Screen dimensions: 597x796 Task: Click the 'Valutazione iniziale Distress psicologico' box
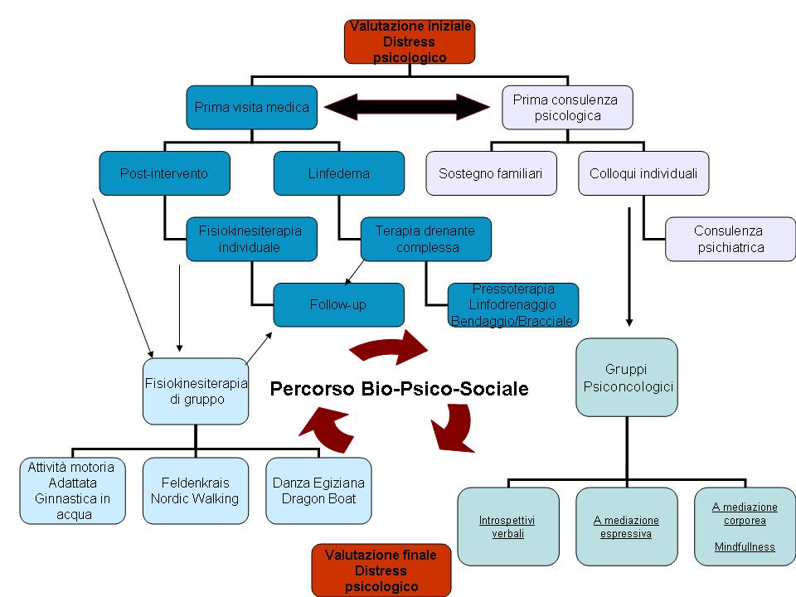[x=410, y=42]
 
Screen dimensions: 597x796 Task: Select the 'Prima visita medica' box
[x=251, y=107]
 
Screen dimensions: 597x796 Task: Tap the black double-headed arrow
[x=407, y=107]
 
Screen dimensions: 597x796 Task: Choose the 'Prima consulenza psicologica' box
[x=567, y=107]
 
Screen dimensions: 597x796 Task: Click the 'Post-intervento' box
[x=164, y=173]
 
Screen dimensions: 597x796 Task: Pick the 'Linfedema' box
[x=338, y=173]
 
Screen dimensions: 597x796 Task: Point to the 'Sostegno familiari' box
[x=491, y=173]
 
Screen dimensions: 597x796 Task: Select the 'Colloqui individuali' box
[x=643, y=173]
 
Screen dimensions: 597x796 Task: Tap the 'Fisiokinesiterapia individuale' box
[x=251, y=239]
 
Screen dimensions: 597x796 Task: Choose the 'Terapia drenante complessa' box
[x=425, y=239]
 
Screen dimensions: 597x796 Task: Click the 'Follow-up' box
[x=338, y=304]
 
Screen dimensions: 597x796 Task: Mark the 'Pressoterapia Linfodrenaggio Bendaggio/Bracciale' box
[x=512, y=304]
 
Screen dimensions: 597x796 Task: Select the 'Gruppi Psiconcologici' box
[x=627, y=377]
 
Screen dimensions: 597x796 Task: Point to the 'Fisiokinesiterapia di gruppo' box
[x=196, y=391]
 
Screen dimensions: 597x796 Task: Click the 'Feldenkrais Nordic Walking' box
[x=195, y=490]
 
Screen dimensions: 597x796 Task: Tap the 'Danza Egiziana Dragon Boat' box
[x=318, y=490]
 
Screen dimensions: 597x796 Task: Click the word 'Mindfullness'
[x=745, y=546]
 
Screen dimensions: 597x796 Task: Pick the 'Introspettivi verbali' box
[x=507, y=527]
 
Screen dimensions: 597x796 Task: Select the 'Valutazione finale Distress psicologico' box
[x=381, y=570]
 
